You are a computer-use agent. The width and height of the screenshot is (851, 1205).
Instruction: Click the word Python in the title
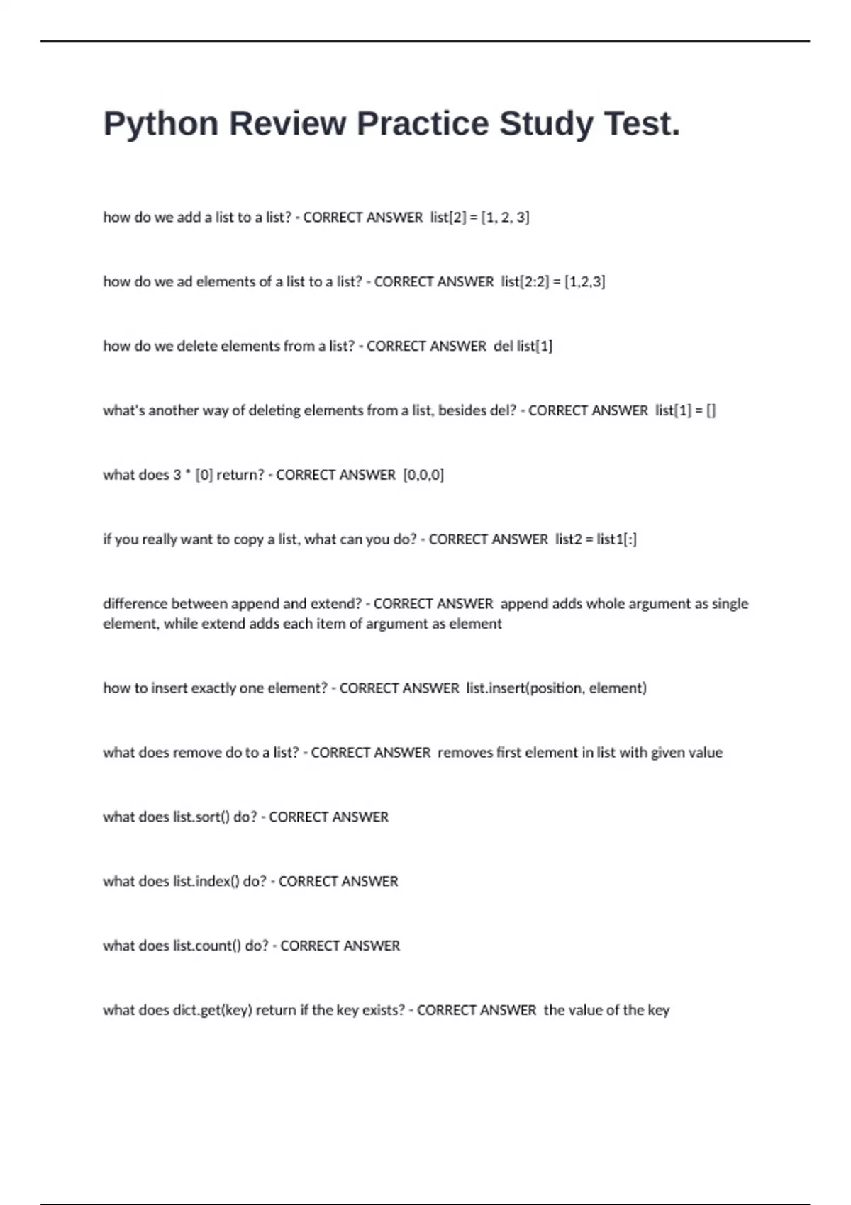coord(161,124)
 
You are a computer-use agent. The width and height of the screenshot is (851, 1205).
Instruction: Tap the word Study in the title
coord(546,124)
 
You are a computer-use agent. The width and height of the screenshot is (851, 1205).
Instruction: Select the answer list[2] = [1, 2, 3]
coord(479,218)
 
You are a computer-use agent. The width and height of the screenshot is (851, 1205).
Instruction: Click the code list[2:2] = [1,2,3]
coord(553,282)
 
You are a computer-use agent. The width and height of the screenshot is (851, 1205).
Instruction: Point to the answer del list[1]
coord(523,347)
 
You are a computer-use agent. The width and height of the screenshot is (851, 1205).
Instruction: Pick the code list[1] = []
coord(686,411)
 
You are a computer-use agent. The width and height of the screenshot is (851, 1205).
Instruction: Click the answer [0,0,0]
coord(423,476)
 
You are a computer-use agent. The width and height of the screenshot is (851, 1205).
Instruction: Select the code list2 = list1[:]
coord(596,539)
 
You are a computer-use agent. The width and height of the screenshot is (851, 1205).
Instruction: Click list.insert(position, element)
coord(556,688)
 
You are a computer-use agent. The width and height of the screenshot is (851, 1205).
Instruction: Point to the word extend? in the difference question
coord(335,604)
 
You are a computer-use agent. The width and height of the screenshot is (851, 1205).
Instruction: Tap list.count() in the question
coord(207,946)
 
